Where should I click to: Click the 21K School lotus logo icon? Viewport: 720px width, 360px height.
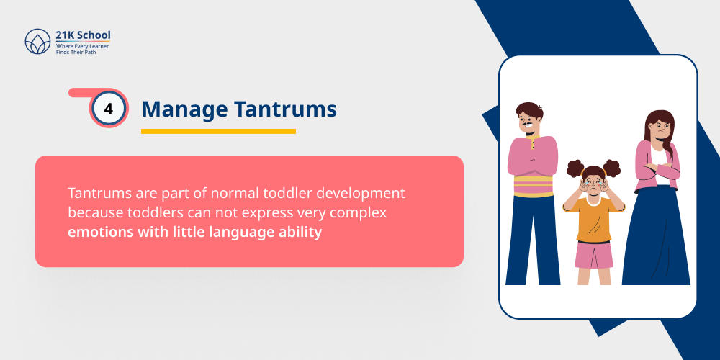(37, 42)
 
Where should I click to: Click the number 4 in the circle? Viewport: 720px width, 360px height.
(109, 109)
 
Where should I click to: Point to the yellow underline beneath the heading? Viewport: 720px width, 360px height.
(218, 131)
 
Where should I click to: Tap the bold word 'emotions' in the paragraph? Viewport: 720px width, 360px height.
(99, 233)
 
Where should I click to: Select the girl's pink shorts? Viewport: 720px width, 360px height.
(594, 254)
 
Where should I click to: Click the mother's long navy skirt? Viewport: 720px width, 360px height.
(656, 238)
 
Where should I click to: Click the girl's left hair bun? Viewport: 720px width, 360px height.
(575, 168)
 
